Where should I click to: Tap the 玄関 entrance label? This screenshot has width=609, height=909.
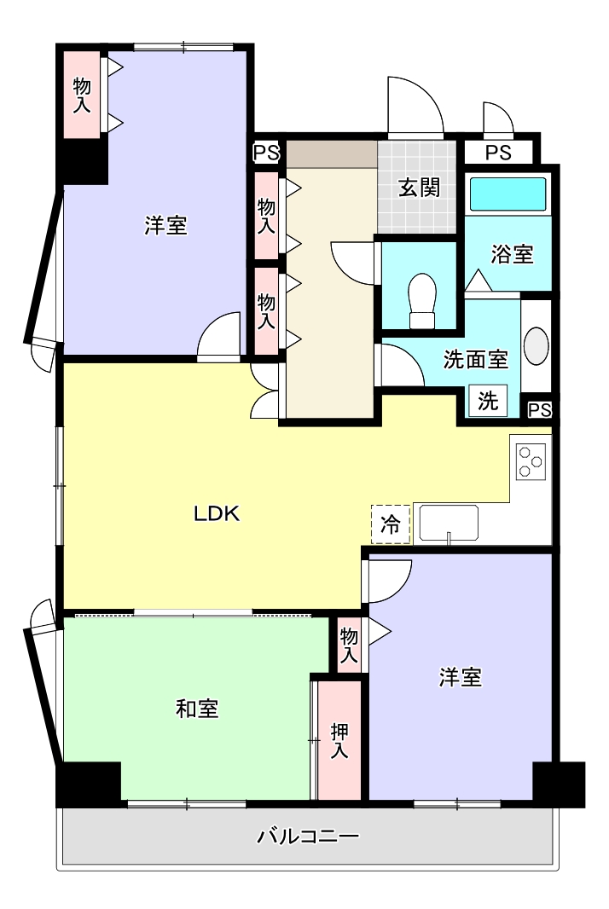click(419, 188)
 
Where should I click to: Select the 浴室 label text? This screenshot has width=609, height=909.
click(513, 253)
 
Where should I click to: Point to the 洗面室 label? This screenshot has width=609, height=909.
click(475, 360)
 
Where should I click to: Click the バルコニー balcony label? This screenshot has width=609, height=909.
click(308, 836)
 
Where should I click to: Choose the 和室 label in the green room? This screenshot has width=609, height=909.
click(197, 708)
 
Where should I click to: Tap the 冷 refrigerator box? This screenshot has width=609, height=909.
click(391, 524)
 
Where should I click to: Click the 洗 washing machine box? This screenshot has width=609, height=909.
click(487, 401)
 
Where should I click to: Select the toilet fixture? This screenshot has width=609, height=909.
click(422, 300)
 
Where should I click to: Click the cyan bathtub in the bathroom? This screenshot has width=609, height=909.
click(508, 194)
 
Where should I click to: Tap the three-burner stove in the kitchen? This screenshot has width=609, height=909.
click(530, 461)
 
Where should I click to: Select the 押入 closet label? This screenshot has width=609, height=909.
click(339, 740)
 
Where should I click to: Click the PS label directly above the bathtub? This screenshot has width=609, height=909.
click(499, 153)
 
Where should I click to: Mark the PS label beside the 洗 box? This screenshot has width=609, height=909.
click(539, 410)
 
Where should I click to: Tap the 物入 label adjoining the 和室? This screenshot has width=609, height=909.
click(349, 645)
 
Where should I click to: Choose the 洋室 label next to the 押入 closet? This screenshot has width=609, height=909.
click(461, 678)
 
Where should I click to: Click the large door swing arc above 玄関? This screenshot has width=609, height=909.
click(415, 106)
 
